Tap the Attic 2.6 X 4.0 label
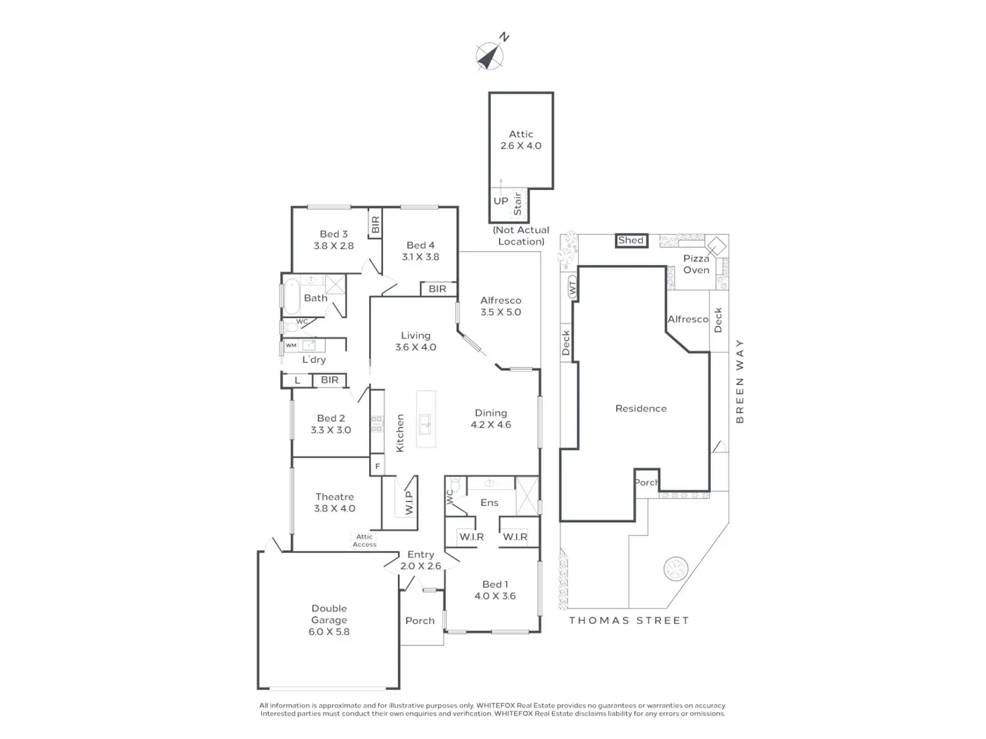coord(520,139)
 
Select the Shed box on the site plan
coord(631,240)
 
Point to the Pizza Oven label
coord(696,264)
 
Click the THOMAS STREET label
coord(629,621)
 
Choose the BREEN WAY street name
coord(740,381)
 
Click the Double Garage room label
coord(329,620)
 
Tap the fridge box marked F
coord(377,466)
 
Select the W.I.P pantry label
coord(409,503)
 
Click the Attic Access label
coord(364,540)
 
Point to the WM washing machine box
coord(291,345)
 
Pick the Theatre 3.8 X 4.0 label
coord(335,503)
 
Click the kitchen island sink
coord(425,424)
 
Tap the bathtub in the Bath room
coord(291,297)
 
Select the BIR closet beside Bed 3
coord(375,224)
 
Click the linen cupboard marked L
coord(297,380)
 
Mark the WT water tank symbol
coord(572,286)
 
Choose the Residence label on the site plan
coord(641,408)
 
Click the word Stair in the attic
coord(517,203)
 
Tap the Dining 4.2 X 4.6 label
coord(490,418)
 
